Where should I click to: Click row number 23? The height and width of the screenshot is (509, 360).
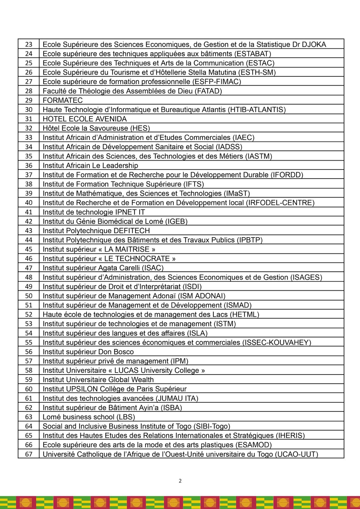pos(29,45)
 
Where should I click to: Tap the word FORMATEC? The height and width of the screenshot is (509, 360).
pos(63,101)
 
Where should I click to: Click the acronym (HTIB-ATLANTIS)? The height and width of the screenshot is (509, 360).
pos(257,110)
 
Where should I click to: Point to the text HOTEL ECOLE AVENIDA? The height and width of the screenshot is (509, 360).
pos(85,119)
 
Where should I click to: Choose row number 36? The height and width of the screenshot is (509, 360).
pos(29,166)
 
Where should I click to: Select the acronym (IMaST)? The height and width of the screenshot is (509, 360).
pos(237,193)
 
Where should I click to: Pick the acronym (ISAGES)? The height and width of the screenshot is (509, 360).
pos(306,277)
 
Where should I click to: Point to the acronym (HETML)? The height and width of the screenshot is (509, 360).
pos(245,315)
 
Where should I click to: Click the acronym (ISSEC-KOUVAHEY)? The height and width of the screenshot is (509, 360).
pos(277,343)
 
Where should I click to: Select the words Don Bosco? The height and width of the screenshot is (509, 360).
pos(121,352)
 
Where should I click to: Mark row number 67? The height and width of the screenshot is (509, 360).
pos(29,454)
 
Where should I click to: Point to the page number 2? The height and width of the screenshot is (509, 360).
pos(180,481)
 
